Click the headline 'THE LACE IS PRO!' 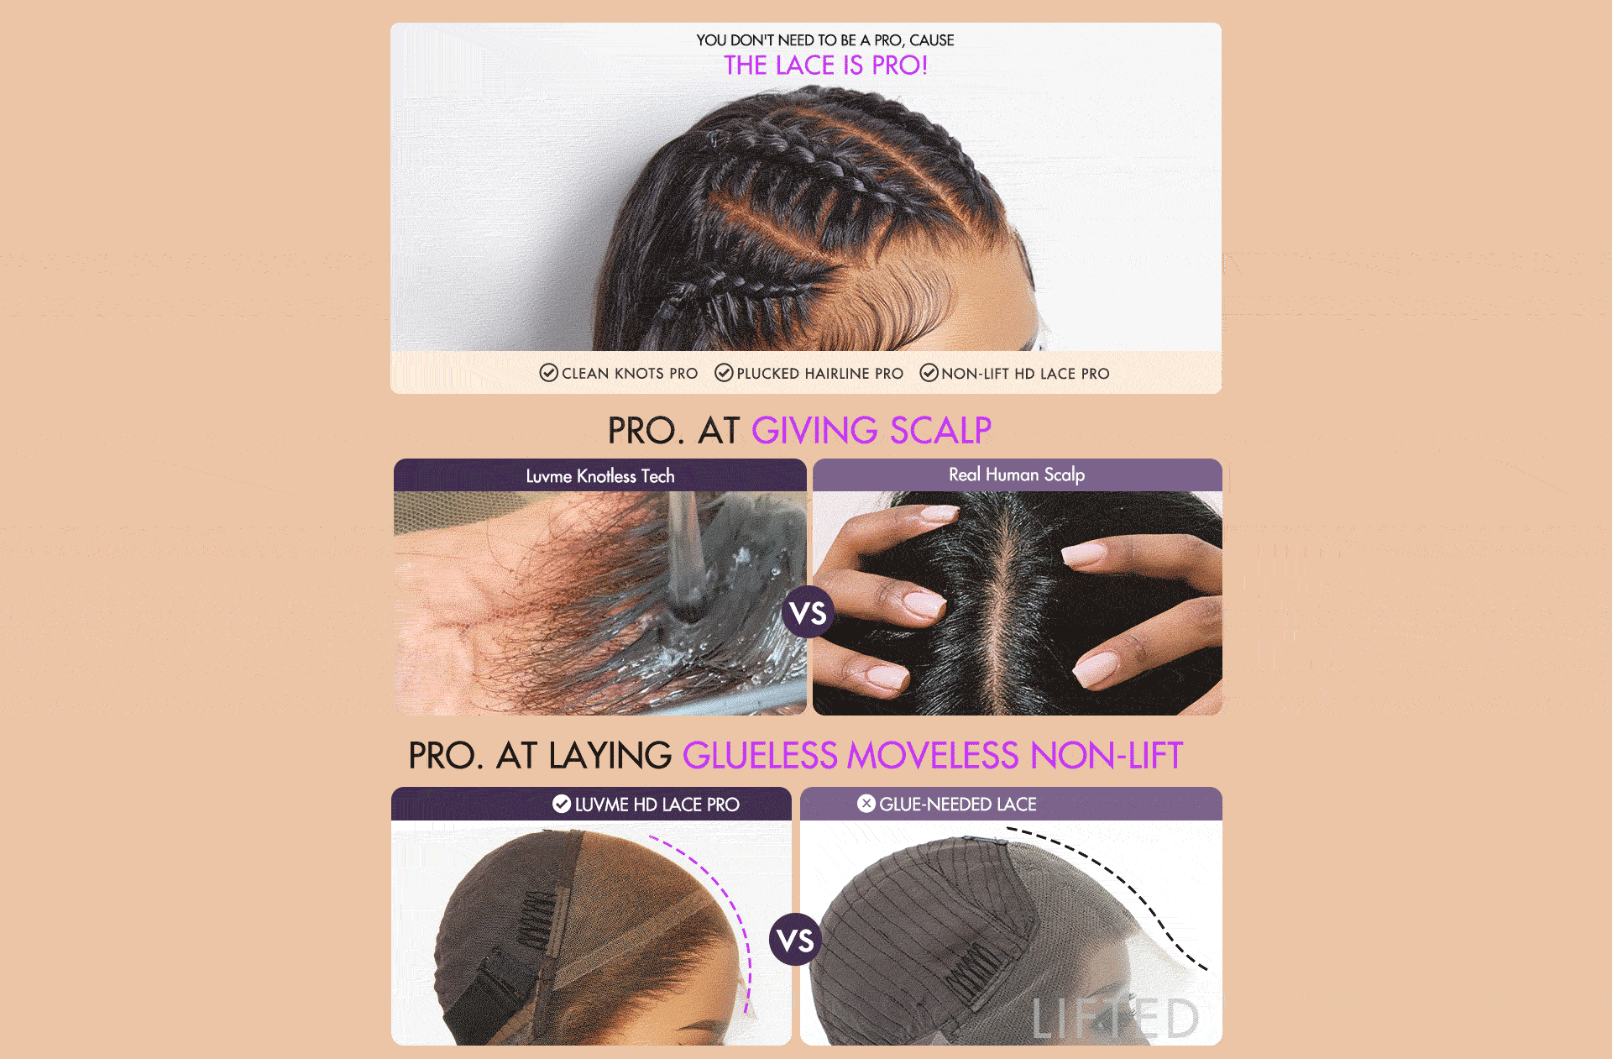(825, 66)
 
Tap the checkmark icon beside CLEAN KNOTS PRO (548, 373)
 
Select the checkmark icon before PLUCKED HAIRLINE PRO (724, 373)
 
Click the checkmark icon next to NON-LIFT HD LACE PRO (929, 373)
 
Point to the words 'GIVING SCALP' (871, 431)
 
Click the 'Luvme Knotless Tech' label (600, 476)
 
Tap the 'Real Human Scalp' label (1017, 474)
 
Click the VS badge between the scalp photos (808, 613)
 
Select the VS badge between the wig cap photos (795, 940)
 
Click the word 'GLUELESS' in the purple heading (761, 756)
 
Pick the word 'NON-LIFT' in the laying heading (1107, 756)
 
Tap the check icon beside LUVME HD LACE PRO (562, 805)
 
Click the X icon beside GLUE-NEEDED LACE (866, 804)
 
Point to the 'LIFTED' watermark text (1116, 1019)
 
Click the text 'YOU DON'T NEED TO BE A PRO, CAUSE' (825, 40)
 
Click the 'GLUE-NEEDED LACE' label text (958, 805)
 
